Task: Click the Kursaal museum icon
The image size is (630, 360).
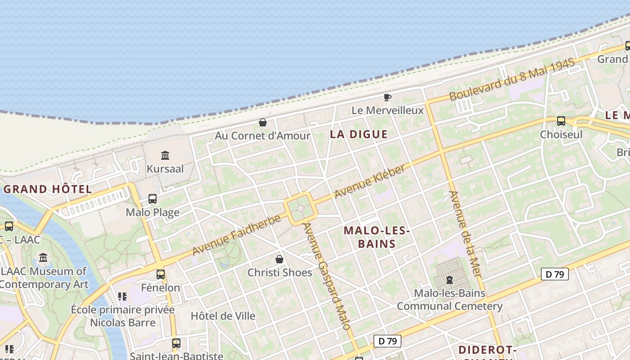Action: click(165, 156)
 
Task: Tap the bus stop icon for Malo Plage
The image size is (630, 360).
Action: click(153, 199)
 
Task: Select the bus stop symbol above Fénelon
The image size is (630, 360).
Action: click(161, 274)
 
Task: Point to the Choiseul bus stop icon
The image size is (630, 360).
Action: click(561, 121)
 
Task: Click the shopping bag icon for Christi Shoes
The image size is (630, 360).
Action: click(279, 259)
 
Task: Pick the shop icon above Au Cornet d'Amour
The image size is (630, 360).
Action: click(263, 122)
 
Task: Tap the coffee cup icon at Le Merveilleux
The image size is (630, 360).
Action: click(387, 97)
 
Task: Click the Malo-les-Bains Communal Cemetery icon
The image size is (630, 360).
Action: click(449, 280)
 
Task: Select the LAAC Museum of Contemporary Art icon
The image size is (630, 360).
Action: click(43, 258)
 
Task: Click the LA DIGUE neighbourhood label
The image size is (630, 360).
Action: click(359, 134)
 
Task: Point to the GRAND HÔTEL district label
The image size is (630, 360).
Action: click(48, 189)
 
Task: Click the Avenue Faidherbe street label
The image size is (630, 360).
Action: click(237, 235)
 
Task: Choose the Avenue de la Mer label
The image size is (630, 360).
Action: click(465, 234)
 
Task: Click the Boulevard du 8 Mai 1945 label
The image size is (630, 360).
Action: click(512, 80)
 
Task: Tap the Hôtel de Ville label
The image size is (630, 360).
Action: click(223, 316)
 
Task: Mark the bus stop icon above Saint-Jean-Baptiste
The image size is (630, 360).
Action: click(176, 343)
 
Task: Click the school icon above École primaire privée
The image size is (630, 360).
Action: click(122, 297)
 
